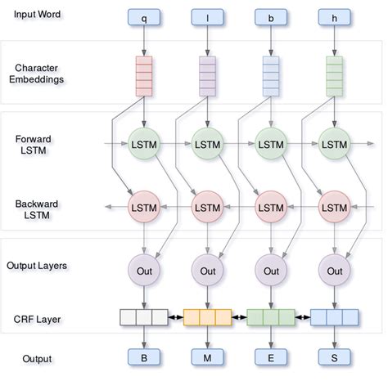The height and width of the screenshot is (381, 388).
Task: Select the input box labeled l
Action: click(207, 16)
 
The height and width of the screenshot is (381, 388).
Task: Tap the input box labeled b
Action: click(271, 16)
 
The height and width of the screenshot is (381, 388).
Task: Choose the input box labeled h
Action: click(334, 16)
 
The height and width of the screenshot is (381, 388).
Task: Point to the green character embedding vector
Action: click(334, 75)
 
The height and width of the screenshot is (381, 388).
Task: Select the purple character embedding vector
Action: click(207, 75)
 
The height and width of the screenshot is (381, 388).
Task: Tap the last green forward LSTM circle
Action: click(334, 146)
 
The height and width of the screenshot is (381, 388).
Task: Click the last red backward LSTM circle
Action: click(334, 208)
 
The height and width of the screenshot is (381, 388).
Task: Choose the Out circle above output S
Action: click(334, 271)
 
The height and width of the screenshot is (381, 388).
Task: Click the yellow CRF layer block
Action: click(207, 317)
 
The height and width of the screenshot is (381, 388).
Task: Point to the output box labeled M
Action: click(207, 358)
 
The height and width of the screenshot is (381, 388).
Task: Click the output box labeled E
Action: click(271, 358)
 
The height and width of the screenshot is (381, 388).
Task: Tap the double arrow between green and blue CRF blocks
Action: click(302, 317)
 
